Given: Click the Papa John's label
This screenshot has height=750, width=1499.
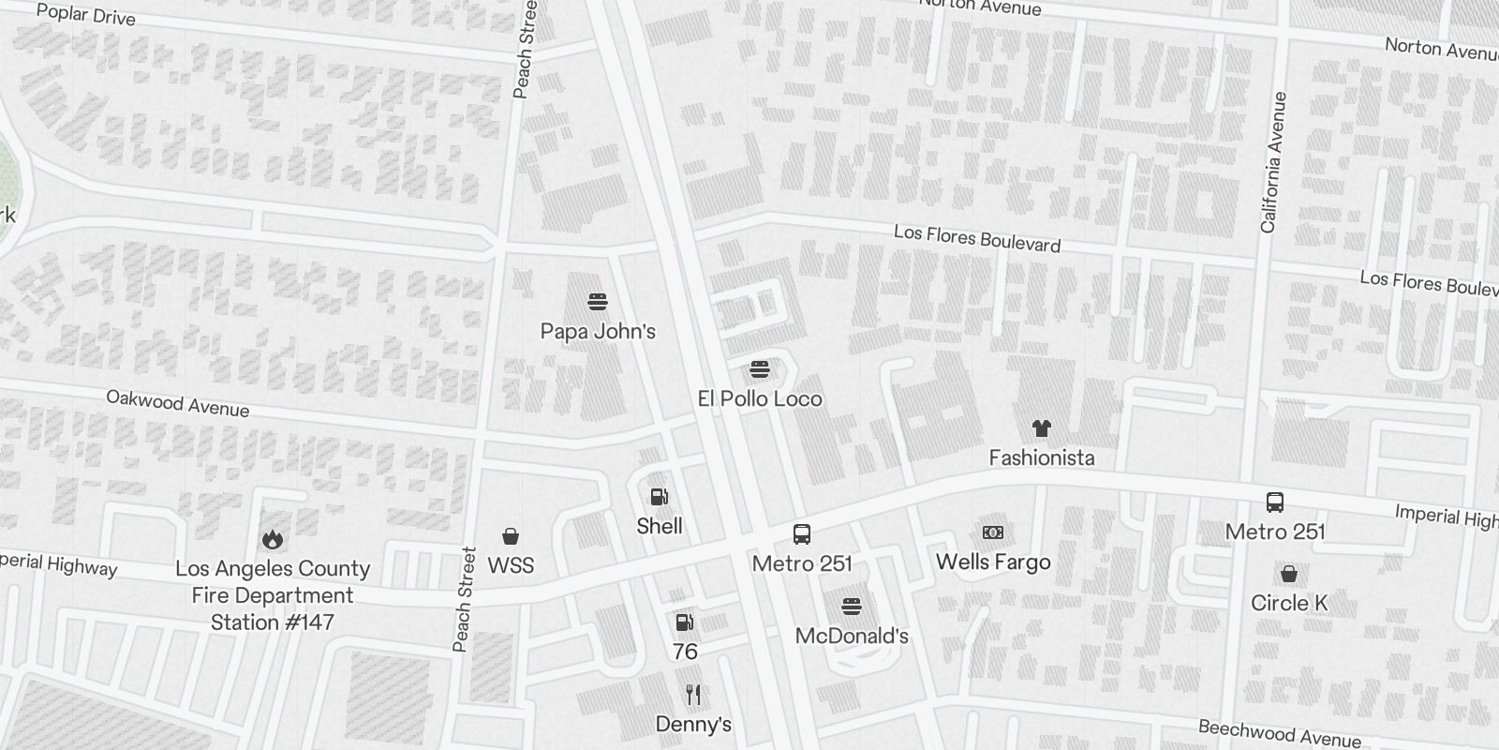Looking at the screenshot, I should (598, 331).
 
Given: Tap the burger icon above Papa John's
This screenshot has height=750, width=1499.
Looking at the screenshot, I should (598, 302).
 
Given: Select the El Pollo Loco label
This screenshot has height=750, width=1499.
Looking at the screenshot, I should (760, 398).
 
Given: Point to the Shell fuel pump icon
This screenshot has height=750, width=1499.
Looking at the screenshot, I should (660, 497).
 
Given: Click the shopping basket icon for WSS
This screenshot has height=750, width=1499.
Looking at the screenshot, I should (511, 536).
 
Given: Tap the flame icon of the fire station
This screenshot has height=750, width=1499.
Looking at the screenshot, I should (273, 539).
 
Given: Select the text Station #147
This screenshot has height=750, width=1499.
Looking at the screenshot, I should (273, 622).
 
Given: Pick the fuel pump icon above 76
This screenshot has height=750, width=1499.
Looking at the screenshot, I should (685, 622).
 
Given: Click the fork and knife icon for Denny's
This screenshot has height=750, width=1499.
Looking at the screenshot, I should (693, 695).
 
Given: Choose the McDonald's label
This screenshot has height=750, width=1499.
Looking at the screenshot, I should (852, 636).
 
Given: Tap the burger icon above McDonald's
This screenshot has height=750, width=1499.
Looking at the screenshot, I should (852, 607).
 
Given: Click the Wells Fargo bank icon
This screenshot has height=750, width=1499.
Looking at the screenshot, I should (993, 532).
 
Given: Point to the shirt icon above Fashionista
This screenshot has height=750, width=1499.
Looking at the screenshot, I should (1041, 428).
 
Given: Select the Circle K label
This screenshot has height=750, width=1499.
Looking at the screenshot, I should (1289, 603).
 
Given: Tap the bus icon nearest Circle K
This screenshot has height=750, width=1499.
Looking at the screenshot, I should (1275, 502).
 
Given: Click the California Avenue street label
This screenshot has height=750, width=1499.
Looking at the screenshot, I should (1273, 162).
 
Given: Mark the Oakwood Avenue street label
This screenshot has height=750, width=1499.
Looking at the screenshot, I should (177, 403).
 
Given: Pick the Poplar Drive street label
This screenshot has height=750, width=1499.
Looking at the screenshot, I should (85, 15).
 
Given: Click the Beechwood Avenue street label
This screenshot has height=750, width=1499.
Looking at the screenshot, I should (1279, 733).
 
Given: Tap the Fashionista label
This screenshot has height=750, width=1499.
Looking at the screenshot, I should (1042, 457).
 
